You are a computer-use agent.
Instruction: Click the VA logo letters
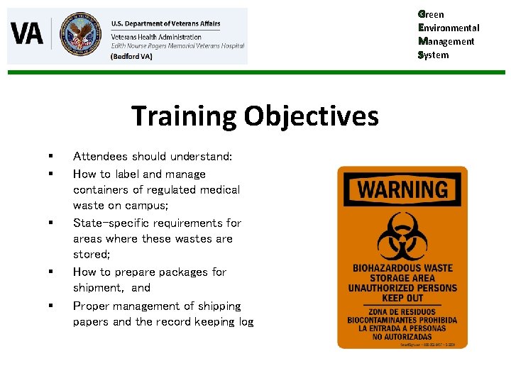[27, 33]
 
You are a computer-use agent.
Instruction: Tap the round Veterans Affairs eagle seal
[80, 34]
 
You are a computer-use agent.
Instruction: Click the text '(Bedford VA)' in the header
[131, 56]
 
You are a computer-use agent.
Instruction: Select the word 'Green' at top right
[431, 14]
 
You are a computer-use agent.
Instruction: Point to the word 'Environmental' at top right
[449, 28]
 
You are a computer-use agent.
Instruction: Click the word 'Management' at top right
[446, 41]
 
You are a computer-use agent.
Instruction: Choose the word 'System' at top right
[434, 55]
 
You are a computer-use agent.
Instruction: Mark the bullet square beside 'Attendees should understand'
[51, 156]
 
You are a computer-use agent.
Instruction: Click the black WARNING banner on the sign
[402, 189]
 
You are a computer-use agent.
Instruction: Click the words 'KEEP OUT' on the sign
[402, 297]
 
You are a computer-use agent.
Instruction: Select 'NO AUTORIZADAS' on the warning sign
[402, 336]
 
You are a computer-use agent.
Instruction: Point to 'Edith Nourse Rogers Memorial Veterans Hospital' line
[177, 45]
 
